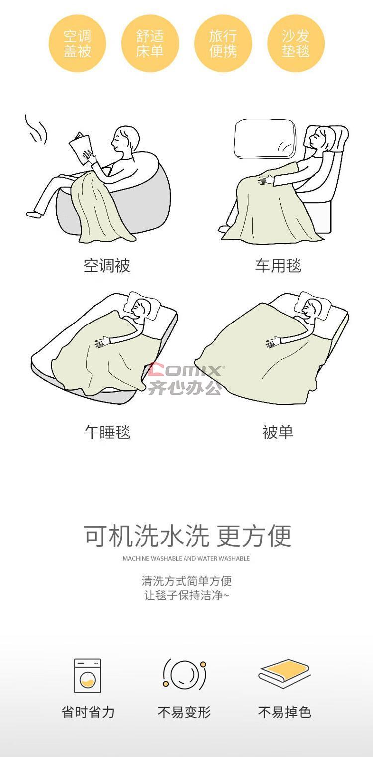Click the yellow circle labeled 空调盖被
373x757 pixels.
coord(77,43)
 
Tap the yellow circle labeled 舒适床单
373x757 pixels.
coord(150,43)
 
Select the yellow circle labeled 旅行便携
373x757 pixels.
coord(223,43)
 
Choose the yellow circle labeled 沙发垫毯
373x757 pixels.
coord(296,43)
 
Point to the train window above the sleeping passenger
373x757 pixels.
coord(265,139)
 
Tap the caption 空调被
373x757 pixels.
coord(106,266)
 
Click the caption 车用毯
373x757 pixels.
coord(278,266)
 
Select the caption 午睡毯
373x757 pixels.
coord(107,432)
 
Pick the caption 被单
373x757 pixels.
coord(278,432)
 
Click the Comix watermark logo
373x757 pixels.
coord(185,378)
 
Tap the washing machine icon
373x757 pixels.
coord(88,676)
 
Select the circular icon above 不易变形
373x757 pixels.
coord(185,674)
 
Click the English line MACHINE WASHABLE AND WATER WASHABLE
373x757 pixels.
coord(186,558)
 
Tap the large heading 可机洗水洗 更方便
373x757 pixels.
coord(187,536)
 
